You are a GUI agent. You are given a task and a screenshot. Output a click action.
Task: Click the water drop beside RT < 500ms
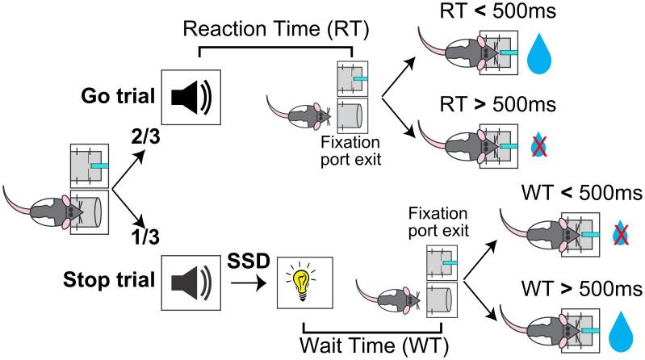tap(537, 57)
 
